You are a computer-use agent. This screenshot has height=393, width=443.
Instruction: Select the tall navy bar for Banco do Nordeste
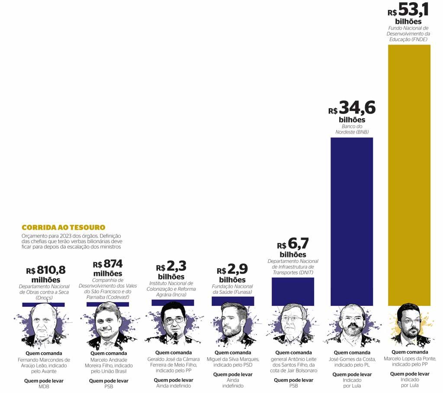coord(351,221)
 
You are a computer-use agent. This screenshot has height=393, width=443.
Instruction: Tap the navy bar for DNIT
coord(292,291)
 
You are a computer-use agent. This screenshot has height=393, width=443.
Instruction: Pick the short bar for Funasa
coord(233,301)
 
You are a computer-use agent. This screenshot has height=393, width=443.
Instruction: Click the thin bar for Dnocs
coord(43,305)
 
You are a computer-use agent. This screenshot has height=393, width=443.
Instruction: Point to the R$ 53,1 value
coord(409,10)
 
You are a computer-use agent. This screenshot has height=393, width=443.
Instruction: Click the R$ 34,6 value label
coord(352,108)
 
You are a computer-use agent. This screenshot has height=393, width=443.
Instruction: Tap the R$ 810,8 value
coord(46,270)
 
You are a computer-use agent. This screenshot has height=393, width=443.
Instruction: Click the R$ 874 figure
coord(108,264)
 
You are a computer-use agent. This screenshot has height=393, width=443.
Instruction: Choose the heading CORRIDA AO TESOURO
coord(63,227)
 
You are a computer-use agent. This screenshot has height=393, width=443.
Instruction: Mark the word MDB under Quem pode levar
coord(43,387)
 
